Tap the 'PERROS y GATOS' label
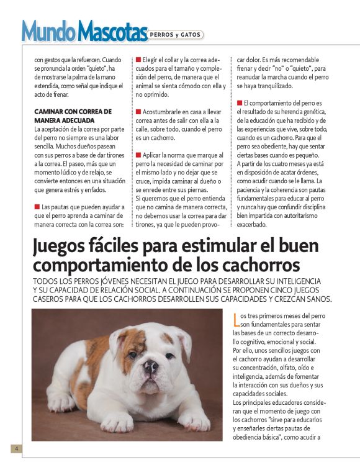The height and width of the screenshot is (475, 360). click(176, 35)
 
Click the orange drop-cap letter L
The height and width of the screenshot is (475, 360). click(235, 320)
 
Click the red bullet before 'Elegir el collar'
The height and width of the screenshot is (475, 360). click(138, 60)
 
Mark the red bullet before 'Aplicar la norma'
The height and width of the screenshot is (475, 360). click(138, 154)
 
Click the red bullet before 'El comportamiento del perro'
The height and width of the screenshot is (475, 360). click(239, 103)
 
